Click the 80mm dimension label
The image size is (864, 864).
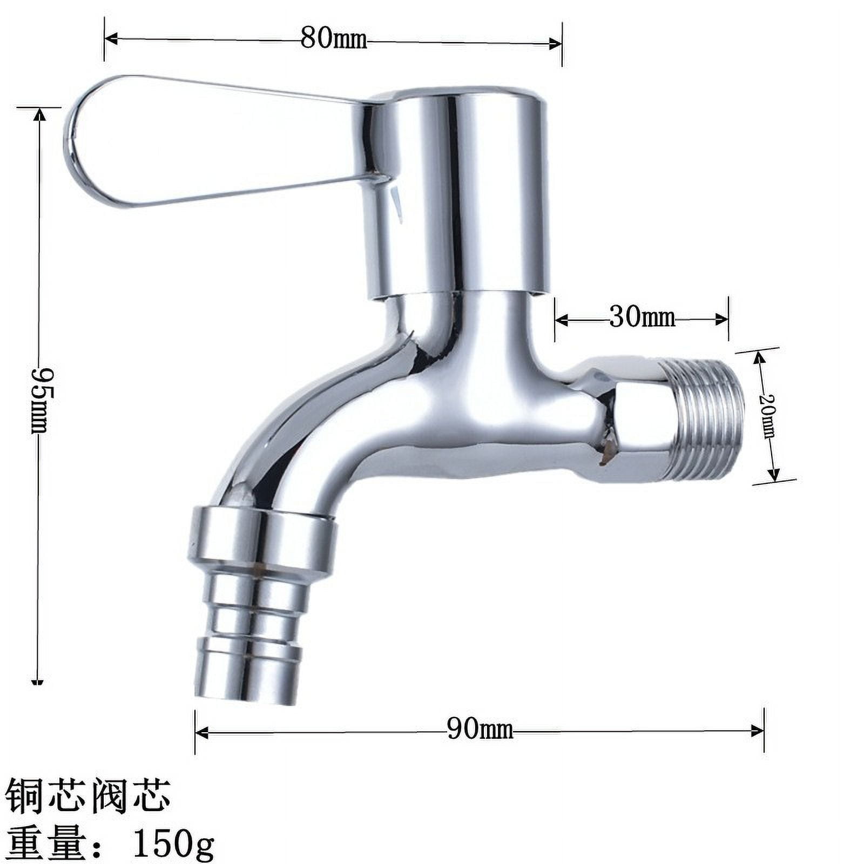[x=333, y=39]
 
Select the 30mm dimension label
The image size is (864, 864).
[x=642, y=318]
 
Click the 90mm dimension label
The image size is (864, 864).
[x=480, y=730]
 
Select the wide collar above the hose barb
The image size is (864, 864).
[x=262, y=540]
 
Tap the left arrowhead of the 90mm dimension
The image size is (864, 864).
[x=201, y=732]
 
